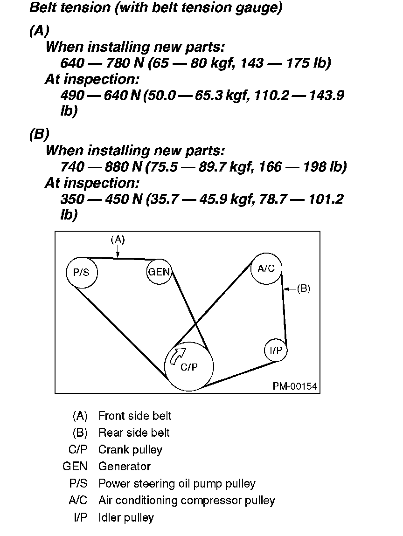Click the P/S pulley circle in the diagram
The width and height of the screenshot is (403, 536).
pyautogui.click(x=82, y=273)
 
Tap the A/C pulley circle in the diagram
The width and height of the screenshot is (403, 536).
pyautogui.click(x=266, y=268)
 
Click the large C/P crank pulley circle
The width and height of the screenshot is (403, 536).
pyautogui.click(x=189, y=367)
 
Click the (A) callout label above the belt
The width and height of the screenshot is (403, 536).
pyautogui.click(x=118, y=240)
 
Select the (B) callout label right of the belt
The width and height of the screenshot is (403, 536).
pyautogui.click(x=303, y=289)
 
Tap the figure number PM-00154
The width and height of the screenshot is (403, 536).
pyautogui.click(x=295, y=386)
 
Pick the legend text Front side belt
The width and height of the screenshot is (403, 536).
pyautogui.click(x=135, y=416)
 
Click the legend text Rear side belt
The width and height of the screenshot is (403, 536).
pyautogui.click(x=134, y=433)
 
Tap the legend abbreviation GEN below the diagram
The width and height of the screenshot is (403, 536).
pyautogui.click(x=75, y=466)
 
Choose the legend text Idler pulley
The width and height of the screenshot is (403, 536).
pyautogui.click(x=126, y=517)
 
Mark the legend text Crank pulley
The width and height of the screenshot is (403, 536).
pyautogui.click(x=130, y=449)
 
